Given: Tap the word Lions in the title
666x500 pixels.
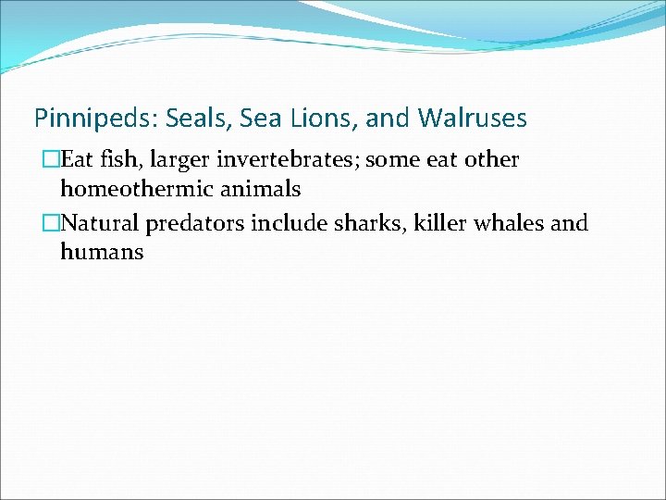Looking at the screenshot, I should tap(328, 119).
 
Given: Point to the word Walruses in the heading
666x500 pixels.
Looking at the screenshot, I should tap(472, 119).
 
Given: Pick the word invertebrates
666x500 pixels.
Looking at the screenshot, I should tap(282, 160).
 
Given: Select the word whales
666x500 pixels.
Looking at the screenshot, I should tap(500, 223).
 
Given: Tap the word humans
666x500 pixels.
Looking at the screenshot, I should tap(102, 252).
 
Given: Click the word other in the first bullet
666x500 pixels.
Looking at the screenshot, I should tap(491, 160).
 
